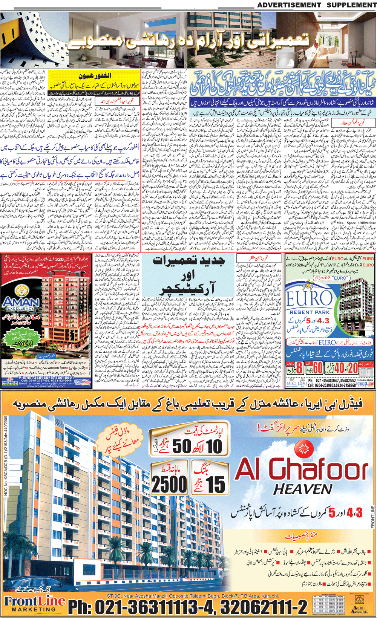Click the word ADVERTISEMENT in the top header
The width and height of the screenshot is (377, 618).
[289, 5]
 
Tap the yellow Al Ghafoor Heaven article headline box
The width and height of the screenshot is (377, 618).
[94, 80]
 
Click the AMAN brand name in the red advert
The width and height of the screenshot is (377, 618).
[21, 301]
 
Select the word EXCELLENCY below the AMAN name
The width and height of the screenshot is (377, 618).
[21, 308]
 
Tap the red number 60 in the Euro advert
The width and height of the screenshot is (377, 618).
[318, 368]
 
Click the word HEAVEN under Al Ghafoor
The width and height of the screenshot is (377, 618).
[303, 489]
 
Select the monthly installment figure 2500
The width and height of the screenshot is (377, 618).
[169, 484]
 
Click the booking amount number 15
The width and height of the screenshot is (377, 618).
[215, 484]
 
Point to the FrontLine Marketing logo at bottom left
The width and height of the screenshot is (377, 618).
[35, 603]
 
